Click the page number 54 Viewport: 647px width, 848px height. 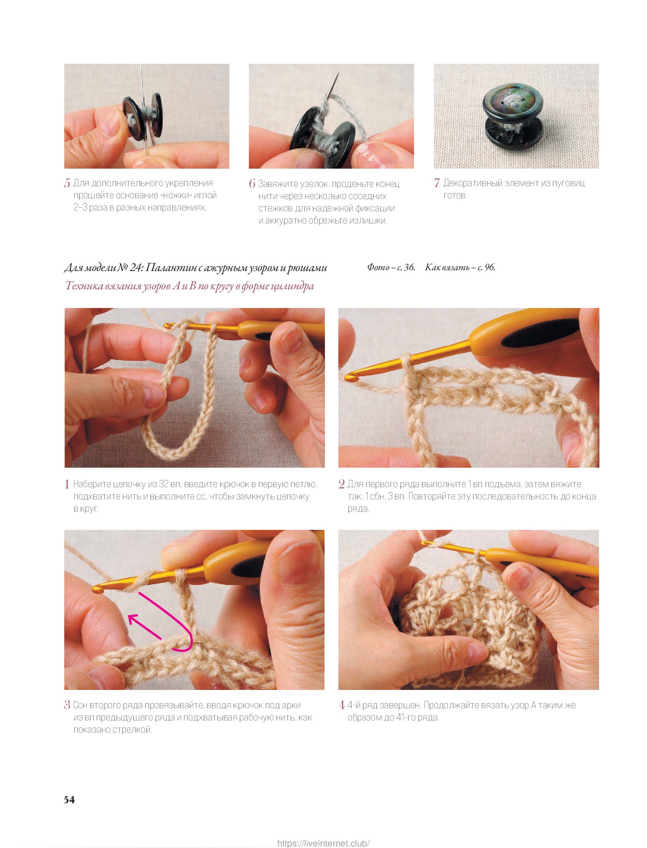click(x=69, y=800)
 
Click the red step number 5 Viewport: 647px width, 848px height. click(x=67, y=183)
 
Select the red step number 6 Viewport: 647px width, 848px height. click(x=252, y=184)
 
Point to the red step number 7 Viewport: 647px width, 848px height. click(x=437, y=183)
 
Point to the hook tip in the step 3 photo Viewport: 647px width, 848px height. click(x=98, y=589)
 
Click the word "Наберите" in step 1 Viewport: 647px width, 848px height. click(x=92, y=484)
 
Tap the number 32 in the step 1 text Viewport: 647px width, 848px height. click(x=164, y=484)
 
